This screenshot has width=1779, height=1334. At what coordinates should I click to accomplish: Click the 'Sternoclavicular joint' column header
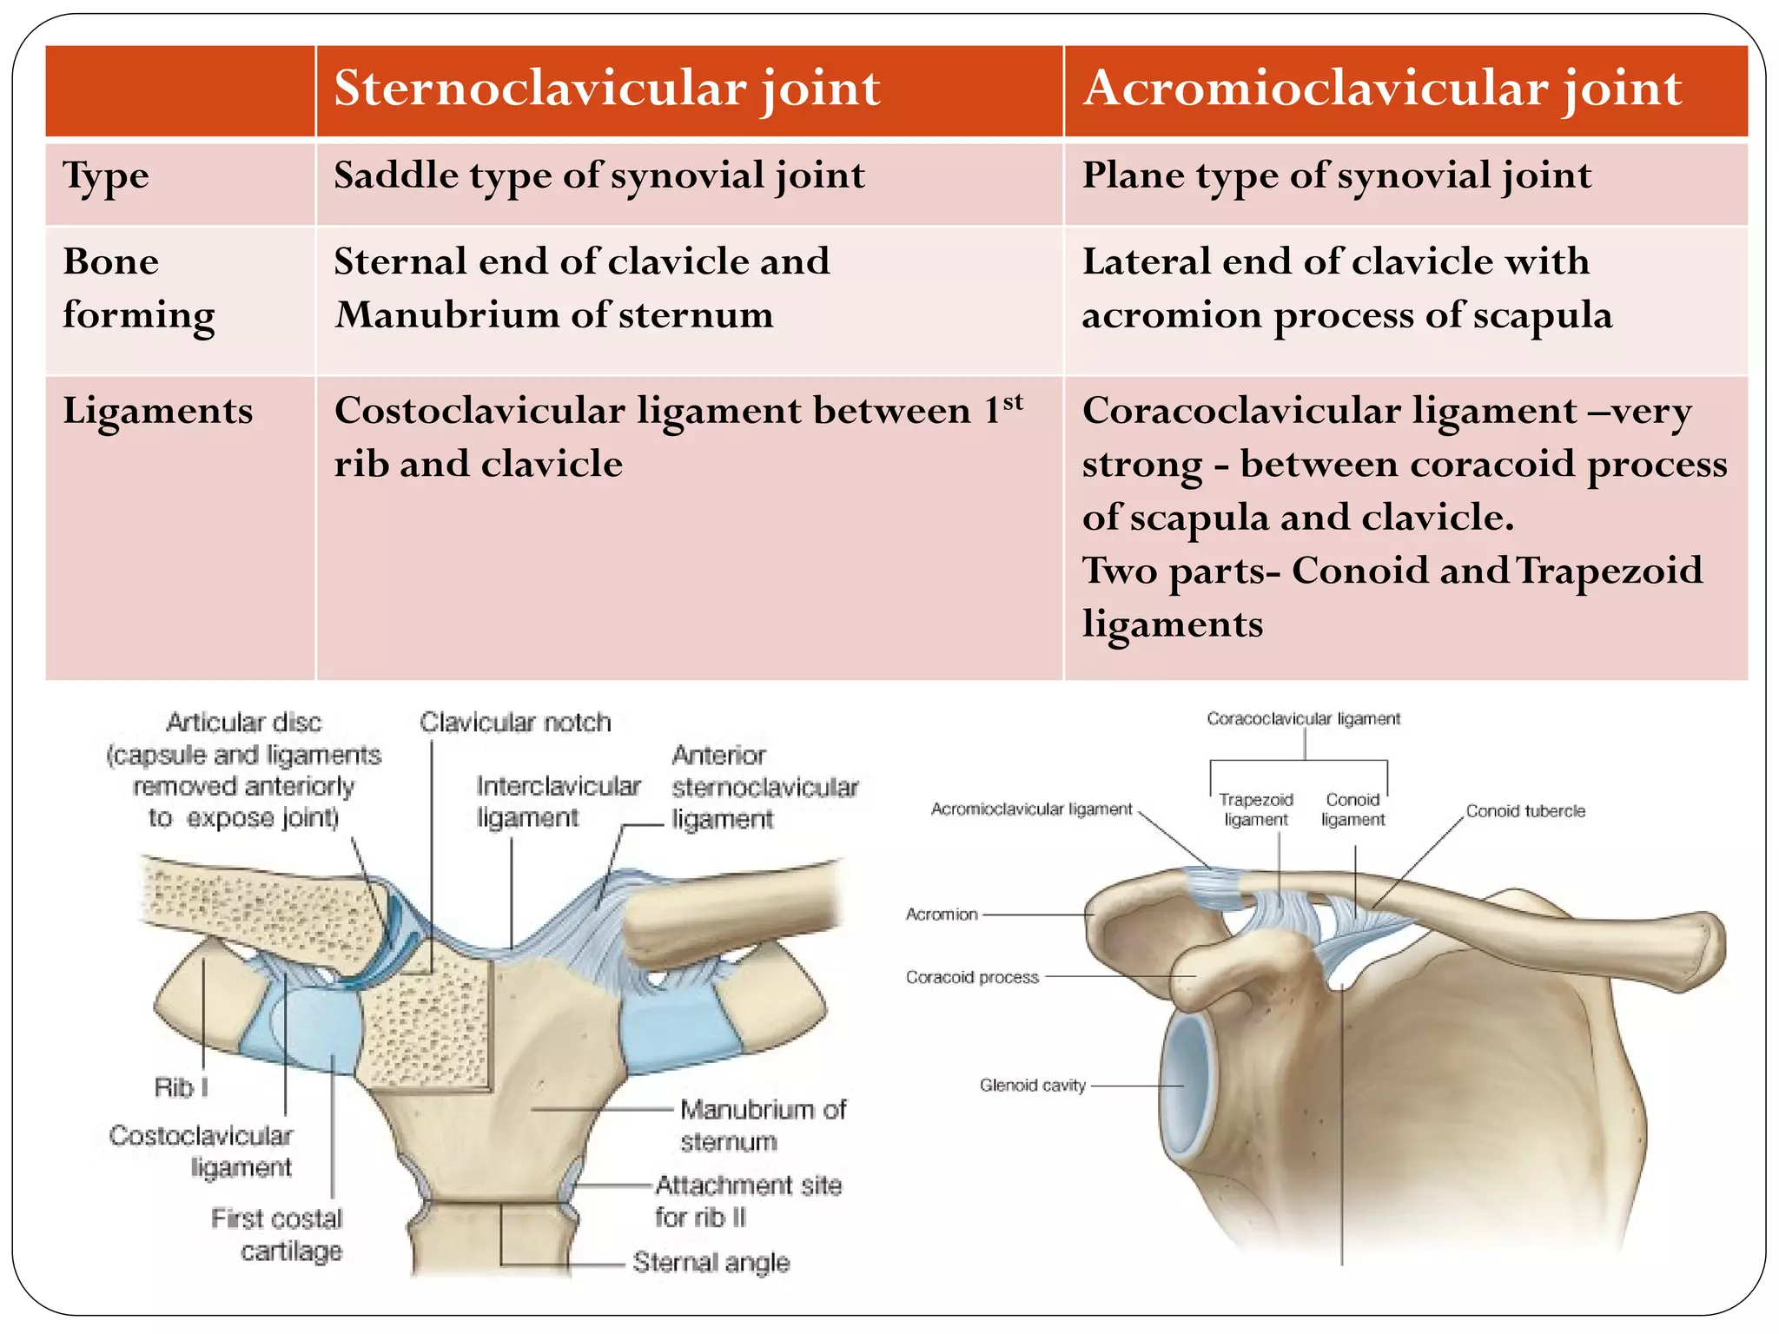(606, 89)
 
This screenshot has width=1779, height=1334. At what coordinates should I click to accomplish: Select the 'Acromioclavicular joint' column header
(1382, 89)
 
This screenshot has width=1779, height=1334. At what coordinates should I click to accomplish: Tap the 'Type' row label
(106, 176)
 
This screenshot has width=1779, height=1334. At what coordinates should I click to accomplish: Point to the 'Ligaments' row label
(157, 411)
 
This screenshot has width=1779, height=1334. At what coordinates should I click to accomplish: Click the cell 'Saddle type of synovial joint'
(599, 176)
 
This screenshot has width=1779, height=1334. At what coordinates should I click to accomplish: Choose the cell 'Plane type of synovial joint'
(1336, 176)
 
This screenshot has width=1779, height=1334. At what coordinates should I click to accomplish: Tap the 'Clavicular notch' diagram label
(515, 723)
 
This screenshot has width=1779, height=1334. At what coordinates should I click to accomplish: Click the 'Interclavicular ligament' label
(558, 802)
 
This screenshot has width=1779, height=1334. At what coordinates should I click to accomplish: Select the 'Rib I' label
(181, 1087)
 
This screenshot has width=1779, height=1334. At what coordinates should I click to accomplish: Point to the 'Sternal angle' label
(711, 1262)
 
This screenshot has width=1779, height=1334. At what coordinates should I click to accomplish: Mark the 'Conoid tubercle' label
(1525, 811)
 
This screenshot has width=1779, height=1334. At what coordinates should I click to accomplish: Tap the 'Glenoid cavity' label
(1032, 1086)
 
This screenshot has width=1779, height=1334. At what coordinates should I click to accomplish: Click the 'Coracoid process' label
(972, 977)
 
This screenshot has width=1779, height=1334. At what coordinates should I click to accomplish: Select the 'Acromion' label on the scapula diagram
(942, 915)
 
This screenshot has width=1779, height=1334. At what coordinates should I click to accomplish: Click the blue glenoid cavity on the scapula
(1187, 1086)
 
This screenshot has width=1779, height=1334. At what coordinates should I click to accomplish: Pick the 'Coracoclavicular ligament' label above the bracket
(1303, 719)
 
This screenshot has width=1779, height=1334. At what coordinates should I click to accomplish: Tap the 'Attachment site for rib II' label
(747, 1201)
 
